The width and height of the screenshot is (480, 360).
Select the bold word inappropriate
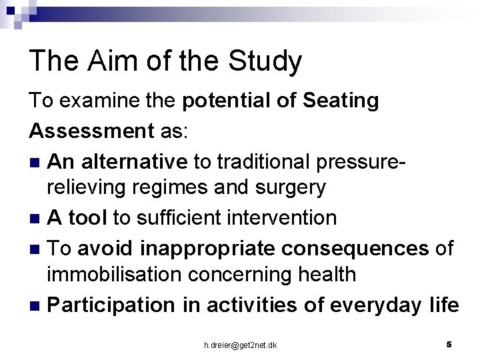coord(199,248)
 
